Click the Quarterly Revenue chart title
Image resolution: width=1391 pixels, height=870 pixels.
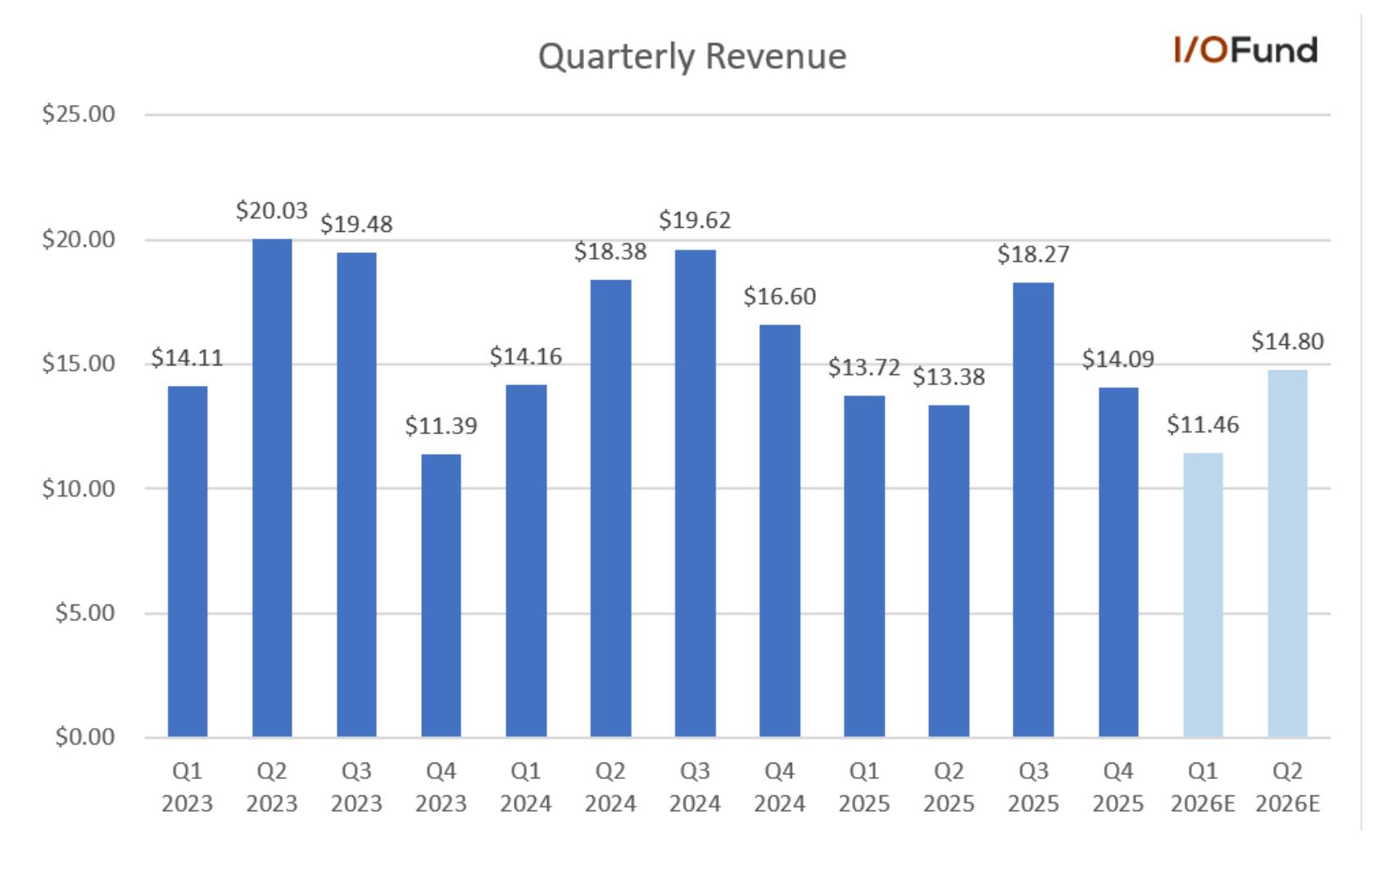691,57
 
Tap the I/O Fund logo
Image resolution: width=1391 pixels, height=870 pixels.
1246,50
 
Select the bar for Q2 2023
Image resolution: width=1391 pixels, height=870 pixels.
272,488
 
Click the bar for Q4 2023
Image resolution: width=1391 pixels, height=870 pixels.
441,596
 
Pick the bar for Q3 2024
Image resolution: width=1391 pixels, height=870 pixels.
695,494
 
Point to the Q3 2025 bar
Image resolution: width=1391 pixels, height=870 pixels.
1033,510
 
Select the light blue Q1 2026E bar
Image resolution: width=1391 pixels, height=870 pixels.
1203,595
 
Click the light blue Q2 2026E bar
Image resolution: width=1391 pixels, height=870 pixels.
1287,553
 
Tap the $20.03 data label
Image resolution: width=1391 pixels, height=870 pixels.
272,211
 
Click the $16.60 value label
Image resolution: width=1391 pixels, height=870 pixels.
780,297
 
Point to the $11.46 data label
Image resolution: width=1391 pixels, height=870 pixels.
1203,424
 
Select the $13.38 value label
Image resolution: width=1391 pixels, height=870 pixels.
949,377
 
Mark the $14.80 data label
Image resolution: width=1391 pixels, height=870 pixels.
1287,342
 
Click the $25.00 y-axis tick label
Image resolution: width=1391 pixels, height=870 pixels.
79,114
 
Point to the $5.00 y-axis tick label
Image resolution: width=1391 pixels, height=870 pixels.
85,613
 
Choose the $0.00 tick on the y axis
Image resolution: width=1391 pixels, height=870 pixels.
85,737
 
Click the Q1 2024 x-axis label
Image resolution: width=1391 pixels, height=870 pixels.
526,787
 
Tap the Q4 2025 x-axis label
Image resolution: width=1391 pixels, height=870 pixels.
1118,787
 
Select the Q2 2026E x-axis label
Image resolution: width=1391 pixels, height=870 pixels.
1287,787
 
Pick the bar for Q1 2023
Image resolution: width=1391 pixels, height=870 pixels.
188,561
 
